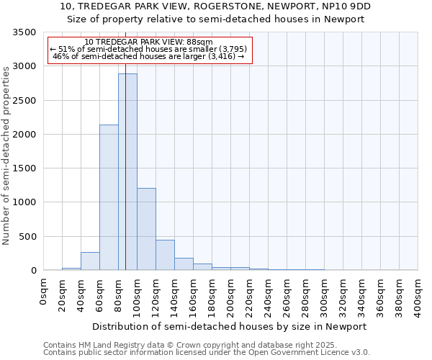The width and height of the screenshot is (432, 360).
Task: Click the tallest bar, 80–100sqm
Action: [x=127, y=173]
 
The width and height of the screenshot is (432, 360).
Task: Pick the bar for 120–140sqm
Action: [x=165, y=255]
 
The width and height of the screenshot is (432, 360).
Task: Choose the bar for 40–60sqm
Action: [x=90, y=261]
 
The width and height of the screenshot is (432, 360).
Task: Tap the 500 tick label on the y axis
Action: [x=27, y=237]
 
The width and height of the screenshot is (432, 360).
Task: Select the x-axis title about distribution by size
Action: [x=230, y=326]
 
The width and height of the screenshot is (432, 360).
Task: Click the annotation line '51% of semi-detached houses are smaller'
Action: [x=150, y=49]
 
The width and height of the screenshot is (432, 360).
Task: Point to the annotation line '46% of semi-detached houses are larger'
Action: [x=150, y=56]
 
